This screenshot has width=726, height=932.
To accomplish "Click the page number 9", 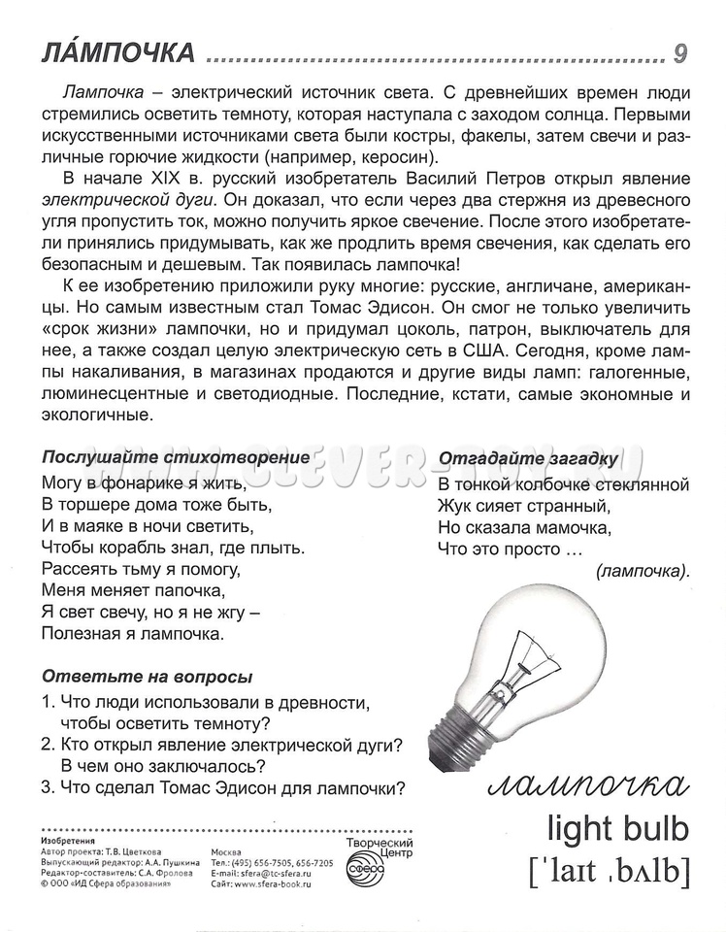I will click(x=679, y=53).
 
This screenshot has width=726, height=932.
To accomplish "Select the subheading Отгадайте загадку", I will click(x=528, y=458).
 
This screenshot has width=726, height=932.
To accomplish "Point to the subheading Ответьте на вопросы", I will click(x=146, y=677).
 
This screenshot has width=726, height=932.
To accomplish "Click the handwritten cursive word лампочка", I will click(x=588, y=783).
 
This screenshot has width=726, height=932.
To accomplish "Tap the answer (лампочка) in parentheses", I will click(x=640, y=571).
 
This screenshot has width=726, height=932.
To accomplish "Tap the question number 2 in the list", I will click(x=47, y=745).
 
